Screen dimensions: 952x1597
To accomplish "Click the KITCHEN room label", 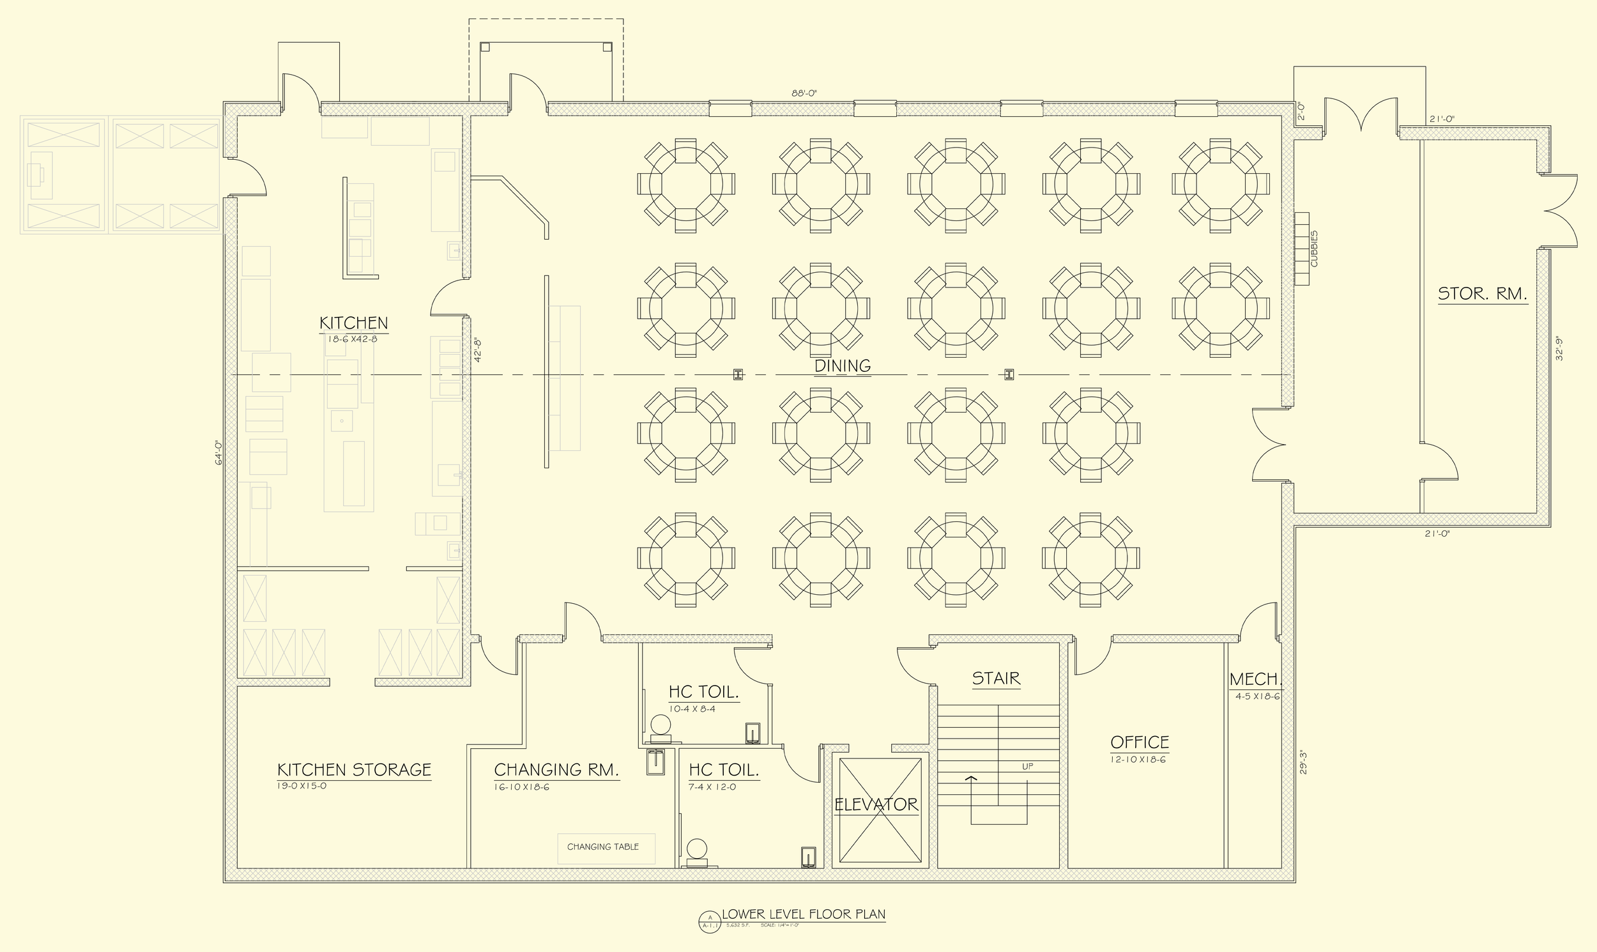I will pos(353,323).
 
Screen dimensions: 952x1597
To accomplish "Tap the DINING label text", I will pos(842,365).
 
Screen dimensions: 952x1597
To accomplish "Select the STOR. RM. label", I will pos(1482,294).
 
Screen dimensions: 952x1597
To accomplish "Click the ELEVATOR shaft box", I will pos(880,810).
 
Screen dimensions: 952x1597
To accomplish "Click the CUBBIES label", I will pos(1313,249).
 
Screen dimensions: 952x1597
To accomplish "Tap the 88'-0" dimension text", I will pos(804,93).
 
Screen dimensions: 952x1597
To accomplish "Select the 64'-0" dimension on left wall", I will pos(218,452).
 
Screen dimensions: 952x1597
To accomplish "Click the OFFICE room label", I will pos(1140,742).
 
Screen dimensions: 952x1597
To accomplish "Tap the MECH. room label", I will pos(1255,679).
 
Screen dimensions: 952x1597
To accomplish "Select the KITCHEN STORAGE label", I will pos(354,770).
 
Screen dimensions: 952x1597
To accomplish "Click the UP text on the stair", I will pos(1027,767).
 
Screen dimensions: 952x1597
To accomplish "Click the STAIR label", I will pos(995,679).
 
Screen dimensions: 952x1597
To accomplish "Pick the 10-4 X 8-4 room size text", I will pos(692,709).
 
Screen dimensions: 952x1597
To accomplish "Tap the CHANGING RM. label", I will pos(556,770).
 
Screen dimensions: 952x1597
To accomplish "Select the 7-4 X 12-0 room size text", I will pos(712,787).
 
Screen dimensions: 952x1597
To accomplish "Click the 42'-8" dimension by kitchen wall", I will pos(478,350).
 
